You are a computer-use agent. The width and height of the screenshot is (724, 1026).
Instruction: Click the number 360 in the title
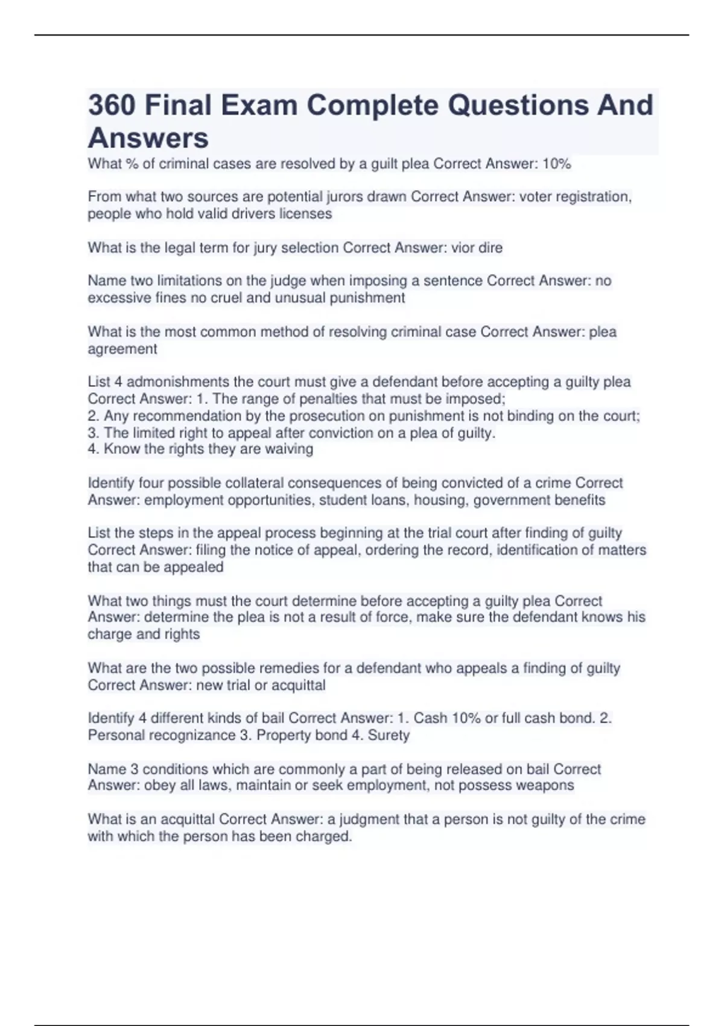point(112,106)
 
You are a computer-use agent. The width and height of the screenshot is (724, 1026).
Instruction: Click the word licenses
point(305,214)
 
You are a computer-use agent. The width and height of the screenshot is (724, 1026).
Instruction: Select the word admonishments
point(178,382)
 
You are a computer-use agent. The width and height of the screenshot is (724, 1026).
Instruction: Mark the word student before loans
point(343,500)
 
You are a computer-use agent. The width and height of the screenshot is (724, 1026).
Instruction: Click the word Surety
point(389,735)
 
